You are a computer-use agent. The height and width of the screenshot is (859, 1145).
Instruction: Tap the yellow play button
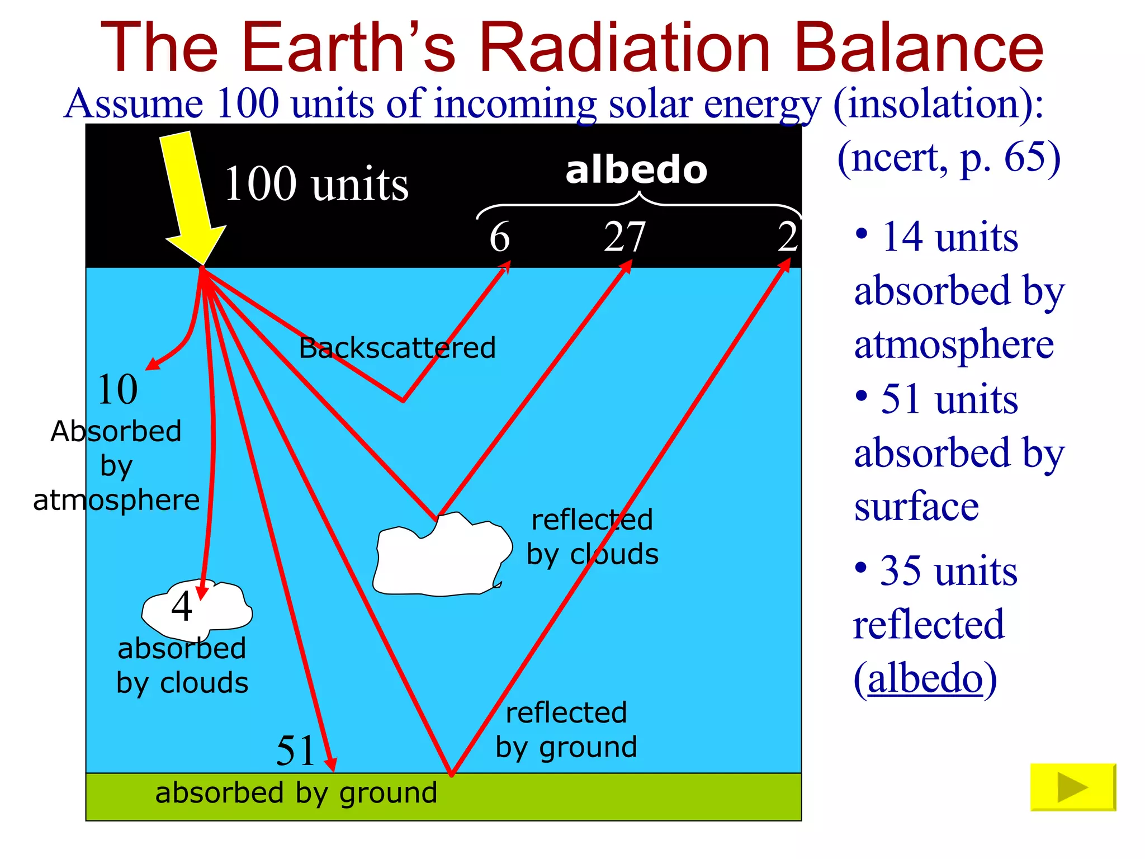pyautogui.click(x=1072, y=787)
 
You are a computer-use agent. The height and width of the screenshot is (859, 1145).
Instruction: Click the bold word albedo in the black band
pyautogui.click(x=636, y=170)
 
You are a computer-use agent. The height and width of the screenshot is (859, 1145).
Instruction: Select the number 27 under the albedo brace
pyautogui.click(x=625, y=237)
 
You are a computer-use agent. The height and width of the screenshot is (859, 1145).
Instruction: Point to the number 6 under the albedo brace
pyautogui.click(x=499, y=237)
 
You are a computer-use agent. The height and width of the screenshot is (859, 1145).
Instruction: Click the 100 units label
pyautogui.click(x=316, y=184)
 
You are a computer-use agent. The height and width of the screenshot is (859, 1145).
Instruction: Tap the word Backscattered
pyautogui.click(x=397, y=348)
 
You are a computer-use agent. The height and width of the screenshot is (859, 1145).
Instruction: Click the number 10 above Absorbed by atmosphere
pyautogui.click(x=117, y=389)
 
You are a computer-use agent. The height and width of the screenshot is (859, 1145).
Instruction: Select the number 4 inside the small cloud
pyautogui.click(x=182, y=606)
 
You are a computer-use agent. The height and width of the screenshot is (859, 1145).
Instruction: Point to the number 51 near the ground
pyautogui.click(x=295, y=751)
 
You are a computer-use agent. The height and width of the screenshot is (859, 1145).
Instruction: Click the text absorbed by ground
pyautogui.click(x=296, y=793)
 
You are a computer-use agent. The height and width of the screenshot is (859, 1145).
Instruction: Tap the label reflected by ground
pyautogui.click(x=566, y=730)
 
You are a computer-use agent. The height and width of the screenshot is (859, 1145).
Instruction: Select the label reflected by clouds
pyautogui.click(x=593, y=537)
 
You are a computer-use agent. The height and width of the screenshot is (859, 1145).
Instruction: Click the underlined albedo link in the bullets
pyautogui.click(x=925, y=678)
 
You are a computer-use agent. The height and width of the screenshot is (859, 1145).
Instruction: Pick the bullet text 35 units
pyautogui.click(x=949, y=571)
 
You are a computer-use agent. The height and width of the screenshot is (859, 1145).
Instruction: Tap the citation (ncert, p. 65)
pyautogui.click(x=949, y=157)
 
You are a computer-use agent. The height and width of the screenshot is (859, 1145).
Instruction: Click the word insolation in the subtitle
pyautogui.click(x=931, y=104)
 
